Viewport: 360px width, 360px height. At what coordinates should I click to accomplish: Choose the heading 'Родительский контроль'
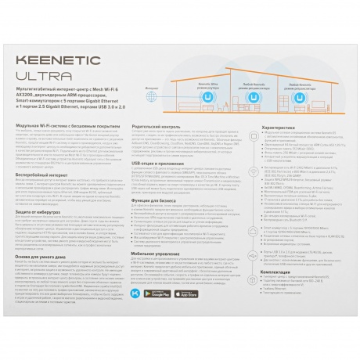pos(157,126)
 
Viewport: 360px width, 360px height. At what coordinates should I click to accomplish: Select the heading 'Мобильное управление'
pos(157,275)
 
